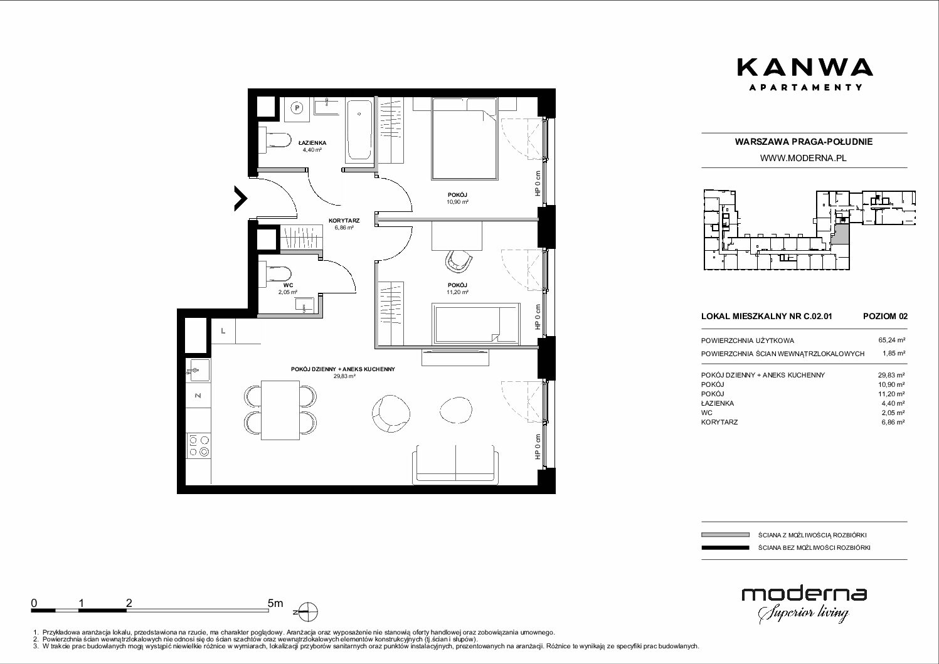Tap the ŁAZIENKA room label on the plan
[x=312, y=143]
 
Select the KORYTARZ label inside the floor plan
[x=344, y=221]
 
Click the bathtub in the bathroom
[x=359, y=130]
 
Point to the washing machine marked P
[x=297, y=108]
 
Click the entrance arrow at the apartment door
[x=241, y=198]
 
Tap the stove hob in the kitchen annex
[x=199, y=445]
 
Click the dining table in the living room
[x=280, y=409]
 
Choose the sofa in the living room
[x=455, y=465]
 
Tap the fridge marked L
[x=223, y=331]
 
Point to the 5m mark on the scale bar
[x=275, y=603]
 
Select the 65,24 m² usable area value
[x=891, y=340]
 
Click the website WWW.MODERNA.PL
[x=803, y=158]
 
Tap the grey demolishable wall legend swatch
[x=725, y=535]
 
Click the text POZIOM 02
[x=885, y=316]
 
